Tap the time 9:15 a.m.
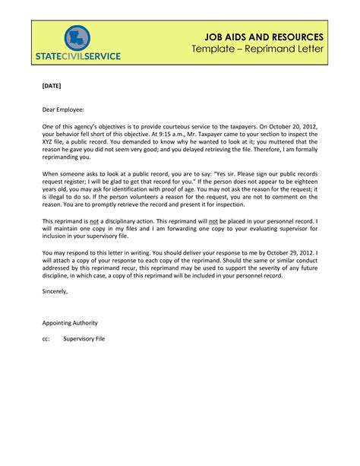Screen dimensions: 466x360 point(203,141)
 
